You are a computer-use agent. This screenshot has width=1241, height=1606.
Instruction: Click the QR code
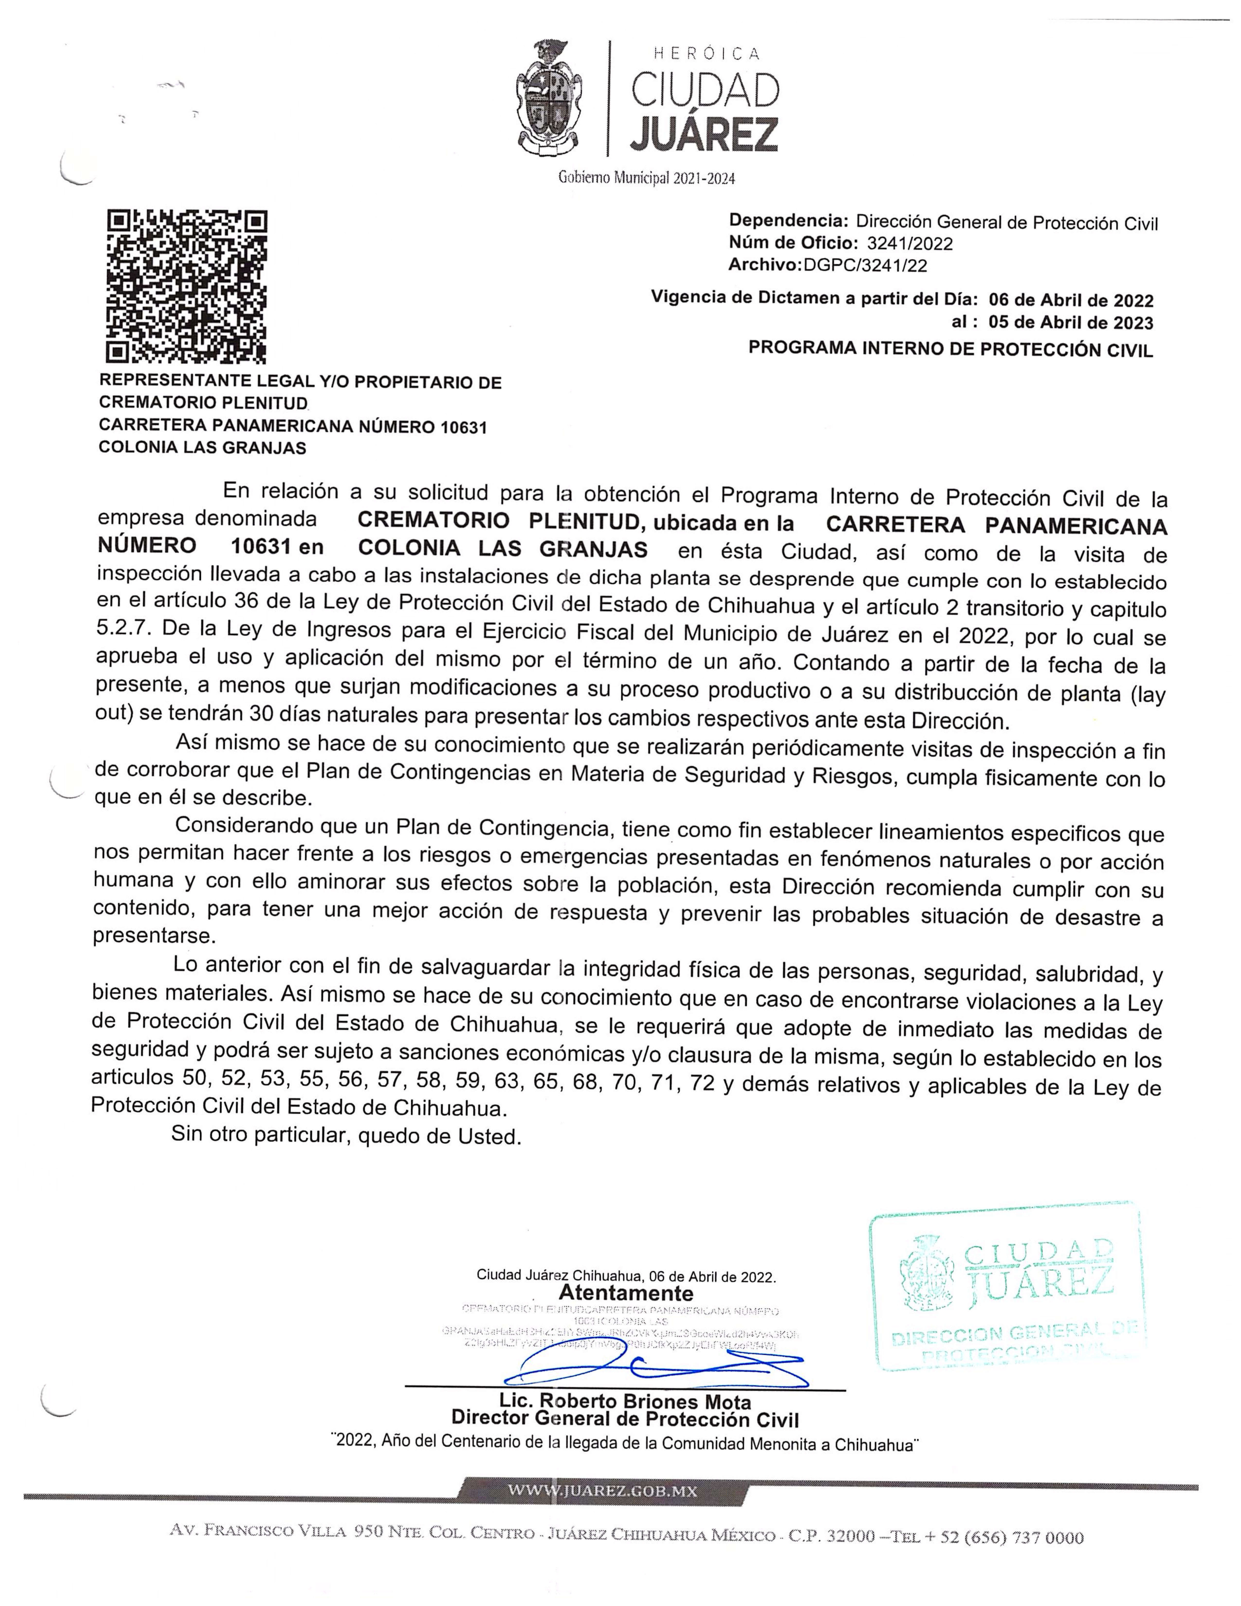click(187, 287)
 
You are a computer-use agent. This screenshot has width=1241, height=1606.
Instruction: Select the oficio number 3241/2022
click(909, 243)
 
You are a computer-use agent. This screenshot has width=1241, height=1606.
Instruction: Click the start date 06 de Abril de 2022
click(1070, 300)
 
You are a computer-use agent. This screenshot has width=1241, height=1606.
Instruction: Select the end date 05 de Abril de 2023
click(1070, 323)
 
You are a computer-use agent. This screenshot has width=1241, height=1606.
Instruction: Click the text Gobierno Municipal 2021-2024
click(646, 177)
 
